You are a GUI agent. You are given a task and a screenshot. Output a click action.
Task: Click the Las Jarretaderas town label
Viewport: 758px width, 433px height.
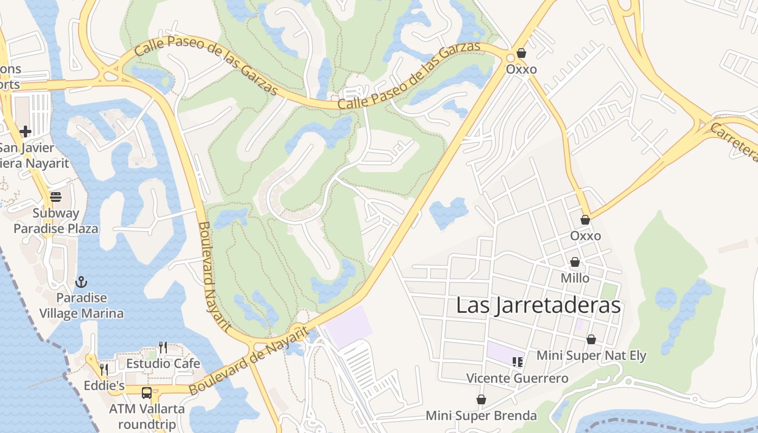538,305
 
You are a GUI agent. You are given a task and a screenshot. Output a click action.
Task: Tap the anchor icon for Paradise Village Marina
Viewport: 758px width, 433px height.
81,282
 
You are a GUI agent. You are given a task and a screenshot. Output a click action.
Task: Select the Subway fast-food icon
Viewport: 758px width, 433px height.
56,197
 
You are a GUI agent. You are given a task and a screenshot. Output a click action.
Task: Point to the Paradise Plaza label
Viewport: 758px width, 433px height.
56,228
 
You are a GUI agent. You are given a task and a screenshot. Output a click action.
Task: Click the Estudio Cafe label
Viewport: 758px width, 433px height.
163,363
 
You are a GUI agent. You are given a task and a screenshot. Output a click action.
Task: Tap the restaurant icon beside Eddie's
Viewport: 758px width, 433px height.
103,370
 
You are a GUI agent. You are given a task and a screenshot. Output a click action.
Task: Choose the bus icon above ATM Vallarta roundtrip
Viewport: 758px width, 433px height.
147,392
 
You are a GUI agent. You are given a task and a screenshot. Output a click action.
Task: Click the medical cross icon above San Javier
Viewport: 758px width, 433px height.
25,131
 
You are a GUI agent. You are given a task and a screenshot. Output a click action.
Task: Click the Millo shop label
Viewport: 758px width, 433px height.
575,278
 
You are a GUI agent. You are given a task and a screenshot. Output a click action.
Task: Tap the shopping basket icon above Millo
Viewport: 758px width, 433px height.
575,263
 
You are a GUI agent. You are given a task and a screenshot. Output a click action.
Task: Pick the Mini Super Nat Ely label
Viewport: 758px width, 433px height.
591,356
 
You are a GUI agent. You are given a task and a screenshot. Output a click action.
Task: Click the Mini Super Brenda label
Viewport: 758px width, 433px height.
481,416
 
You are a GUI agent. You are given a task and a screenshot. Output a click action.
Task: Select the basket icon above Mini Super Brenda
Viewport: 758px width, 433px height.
481,399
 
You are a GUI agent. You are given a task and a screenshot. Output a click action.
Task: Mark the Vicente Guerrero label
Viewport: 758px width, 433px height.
517,378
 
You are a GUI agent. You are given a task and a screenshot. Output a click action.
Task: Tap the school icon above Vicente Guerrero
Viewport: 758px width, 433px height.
517,362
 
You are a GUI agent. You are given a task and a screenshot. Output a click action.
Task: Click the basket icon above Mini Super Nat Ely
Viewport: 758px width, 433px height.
591,339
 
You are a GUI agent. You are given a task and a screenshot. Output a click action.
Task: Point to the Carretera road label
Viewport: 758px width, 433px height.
734,142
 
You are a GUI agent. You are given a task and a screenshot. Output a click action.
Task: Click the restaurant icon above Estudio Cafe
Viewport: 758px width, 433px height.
162,347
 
